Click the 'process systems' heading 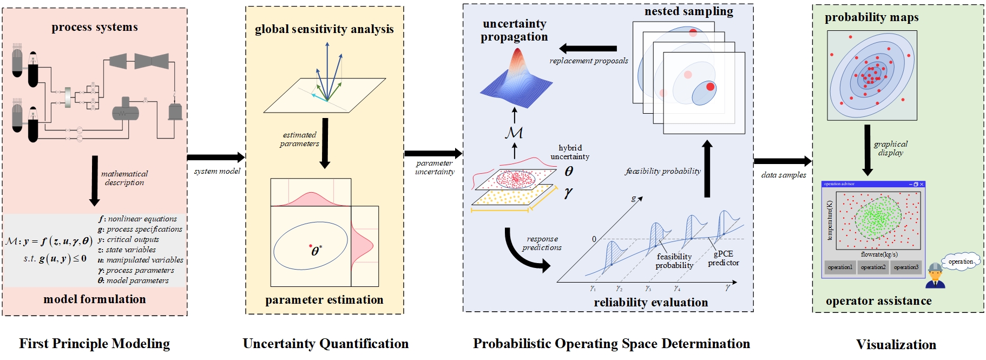coord(95,27)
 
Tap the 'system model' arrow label coord(217,171)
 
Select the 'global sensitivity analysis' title coord(324,29)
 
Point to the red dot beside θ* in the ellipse coord(311,247)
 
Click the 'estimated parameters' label coord(299,139)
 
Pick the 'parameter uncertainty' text coord(435,167)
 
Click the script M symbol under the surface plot coord(514,132)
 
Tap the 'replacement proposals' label coord(589,61)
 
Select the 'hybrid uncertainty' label coord(570,152)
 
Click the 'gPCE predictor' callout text coord(724,258)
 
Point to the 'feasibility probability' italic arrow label coord(663,171)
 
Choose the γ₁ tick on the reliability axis coord(593,289)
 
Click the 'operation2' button coord(873,267)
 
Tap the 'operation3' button coord(906,267)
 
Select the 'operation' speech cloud coord(961,261)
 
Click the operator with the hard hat coord(935,276)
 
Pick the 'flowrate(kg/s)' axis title coord(879,254)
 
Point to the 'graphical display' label coord(891,148)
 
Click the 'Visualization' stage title coord(896,345)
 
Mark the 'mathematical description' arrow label coord(124,178)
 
